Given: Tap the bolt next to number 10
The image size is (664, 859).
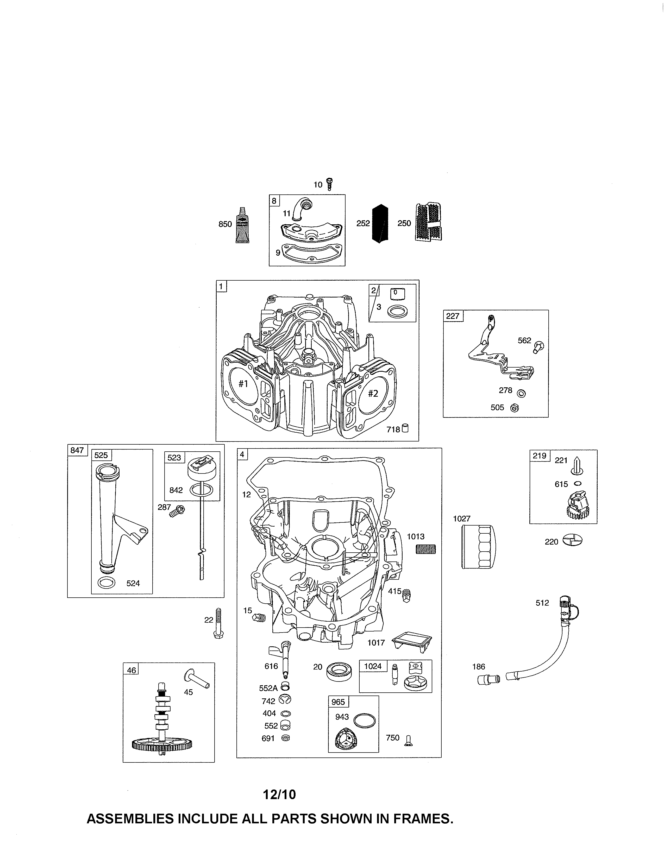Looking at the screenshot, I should pos(329,184).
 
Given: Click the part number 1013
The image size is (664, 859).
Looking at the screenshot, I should pos(415,536).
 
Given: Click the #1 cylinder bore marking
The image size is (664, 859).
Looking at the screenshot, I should pos(243,383).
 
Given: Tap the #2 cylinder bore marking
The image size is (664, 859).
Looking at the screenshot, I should pos(373,393).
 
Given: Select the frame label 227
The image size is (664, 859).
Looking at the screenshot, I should pos(452,316).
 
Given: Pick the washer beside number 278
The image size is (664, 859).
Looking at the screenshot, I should pos(522,393).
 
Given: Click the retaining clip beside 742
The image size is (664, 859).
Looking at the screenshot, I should pos(285,700).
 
